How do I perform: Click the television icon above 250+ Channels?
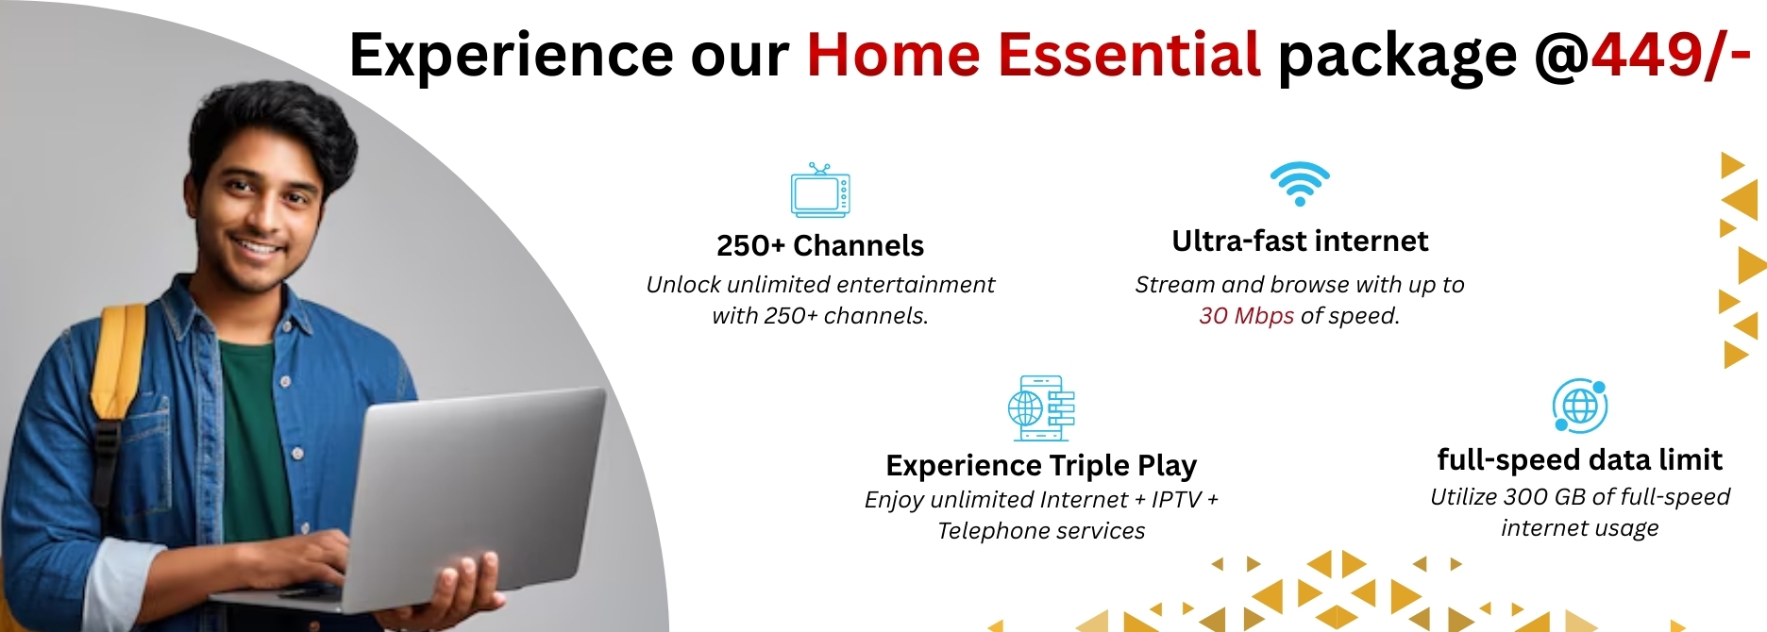click(820, 190)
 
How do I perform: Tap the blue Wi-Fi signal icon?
click(1300, 183)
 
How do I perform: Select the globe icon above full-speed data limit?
click(1580, 406)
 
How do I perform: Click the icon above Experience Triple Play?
click(1041, 407)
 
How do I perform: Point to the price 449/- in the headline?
click(1671, 55)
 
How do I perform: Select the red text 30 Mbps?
click(1246, 315)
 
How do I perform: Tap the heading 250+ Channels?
click(820, 245)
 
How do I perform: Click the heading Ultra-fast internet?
click(1300, 241)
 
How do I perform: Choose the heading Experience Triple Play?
click(1041, 465)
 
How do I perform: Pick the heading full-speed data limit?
click(1579, 459)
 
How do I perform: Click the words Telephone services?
click(1041, 530)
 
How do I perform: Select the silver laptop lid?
click(481, 491)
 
